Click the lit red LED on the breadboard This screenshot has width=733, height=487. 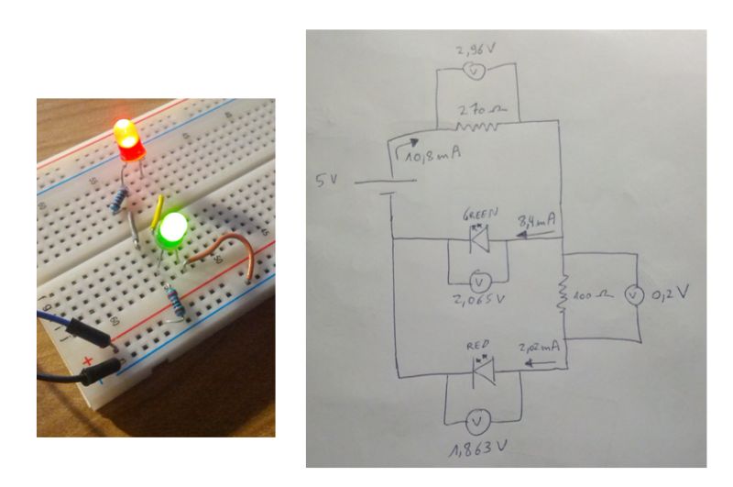click(128, 138)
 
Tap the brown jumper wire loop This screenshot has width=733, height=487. click(229, 251)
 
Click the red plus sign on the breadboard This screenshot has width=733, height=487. click(88, 360)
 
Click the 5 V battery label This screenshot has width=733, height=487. click(327, 181)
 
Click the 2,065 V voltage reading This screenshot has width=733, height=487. click(477, 300)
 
